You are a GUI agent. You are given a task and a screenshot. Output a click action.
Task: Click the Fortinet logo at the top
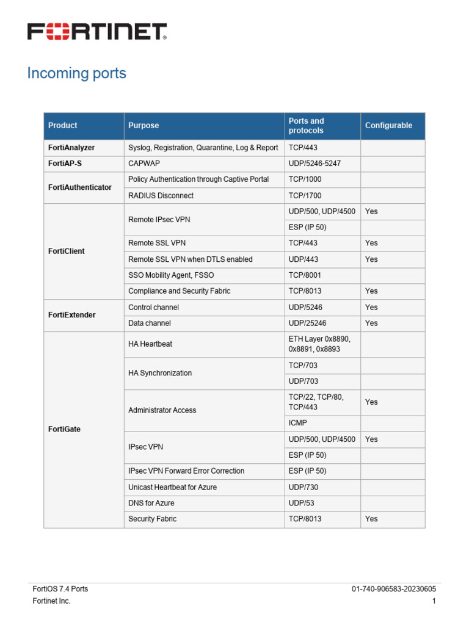click(x=96, y=32)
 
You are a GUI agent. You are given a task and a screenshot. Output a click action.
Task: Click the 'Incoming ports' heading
click(x=76, y=73)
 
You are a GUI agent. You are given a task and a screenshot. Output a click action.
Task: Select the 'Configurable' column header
click(x=388, y=126)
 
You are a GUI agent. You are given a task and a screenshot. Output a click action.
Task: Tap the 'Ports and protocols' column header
click(x=307, y=126)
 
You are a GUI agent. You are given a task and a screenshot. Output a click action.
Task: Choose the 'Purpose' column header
click(x=144, y=126)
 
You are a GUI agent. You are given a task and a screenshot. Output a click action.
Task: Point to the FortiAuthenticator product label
click(x=80, y=187)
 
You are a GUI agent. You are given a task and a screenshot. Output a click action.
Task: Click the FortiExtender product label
click(x=72, y=315)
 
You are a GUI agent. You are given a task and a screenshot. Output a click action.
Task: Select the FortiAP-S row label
click(x=65, y=164)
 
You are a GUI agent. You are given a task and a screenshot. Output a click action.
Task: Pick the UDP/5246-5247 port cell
click(x=314, y=164)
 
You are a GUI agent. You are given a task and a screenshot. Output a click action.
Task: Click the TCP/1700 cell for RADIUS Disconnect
click(x=305, y=195)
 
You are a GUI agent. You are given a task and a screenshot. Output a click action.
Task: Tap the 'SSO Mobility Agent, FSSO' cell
click(x=171, y=275)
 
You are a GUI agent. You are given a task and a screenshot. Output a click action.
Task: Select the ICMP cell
click(x=298, y=423)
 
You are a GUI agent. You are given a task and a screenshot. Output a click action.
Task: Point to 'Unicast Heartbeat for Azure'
click(x=172, y=487)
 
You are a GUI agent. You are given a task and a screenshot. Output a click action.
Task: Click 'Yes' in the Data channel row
click(x=371, y=323)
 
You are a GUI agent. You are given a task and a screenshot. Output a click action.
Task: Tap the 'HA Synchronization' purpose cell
click(x=160, y=373)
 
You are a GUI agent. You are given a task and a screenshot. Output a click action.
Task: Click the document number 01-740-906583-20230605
click(x=393, y=589)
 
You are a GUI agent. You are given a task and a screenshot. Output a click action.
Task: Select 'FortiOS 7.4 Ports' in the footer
click(x=60, y=589)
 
